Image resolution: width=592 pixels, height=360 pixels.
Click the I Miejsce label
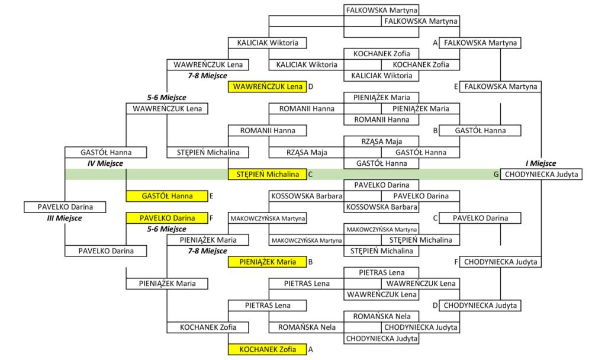coord(540,163)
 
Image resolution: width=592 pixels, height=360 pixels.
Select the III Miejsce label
coord(65,218)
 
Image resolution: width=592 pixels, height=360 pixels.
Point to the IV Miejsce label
coord(105,163)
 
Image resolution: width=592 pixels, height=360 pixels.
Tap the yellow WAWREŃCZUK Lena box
coord(267,86)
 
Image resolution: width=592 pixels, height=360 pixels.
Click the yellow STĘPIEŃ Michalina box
coord(267,174)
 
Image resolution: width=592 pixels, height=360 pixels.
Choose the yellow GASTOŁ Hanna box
coord(166,196)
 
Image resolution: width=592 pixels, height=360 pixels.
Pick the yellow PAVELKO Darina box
coord(166,218)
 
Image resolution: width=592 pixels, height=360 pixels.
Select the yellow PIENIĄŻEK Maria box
coord(267,262)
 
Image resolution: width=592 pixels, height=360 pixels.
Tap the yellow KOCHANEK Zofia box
coord(267,349)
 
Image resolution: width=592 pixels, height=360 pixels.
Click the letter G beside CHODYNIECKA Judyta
coord(496,174)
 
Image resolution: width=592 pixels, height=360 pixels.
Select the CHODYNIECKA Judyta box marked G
coord(540,174)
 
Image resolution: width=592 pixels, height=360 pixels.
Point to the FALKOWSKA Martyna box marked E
coord(500,86)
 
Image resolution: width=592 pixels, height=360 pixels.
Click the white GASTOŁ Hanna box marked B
coord(480,130)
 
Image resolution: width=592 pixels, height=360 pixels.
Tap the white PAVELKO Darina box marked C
coord(480,218)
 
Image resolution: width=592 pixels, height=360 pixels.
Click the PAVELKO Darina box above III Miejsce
coord(65,207)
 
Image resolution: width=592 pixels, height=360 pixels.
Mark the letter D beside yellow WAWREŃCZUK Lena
coord(311,86)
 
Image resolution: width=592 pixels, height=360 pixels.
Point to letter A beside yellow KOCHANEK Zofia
coord(311,349)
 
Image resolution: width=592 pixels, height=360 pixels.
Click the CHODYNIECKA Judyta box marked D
coord(480,306)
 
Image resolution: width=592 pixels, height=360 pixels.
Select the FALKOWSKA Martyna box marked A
coord(480,43)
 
